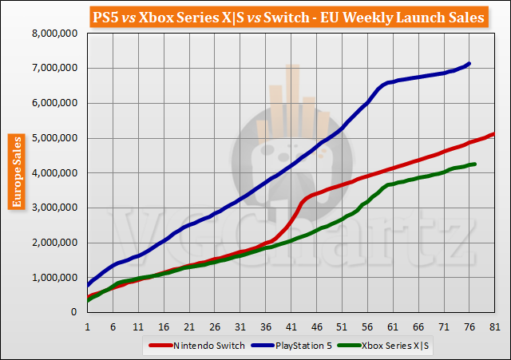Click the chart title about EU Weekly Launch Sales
[x=255, y=15]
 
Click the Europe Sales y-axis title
[x=16, y=172]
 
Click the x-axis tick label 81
[x=494, y=326]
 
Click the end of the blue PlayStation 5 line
[x=469, y=63]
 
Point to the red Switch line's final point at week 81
[x=494, y=133]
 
